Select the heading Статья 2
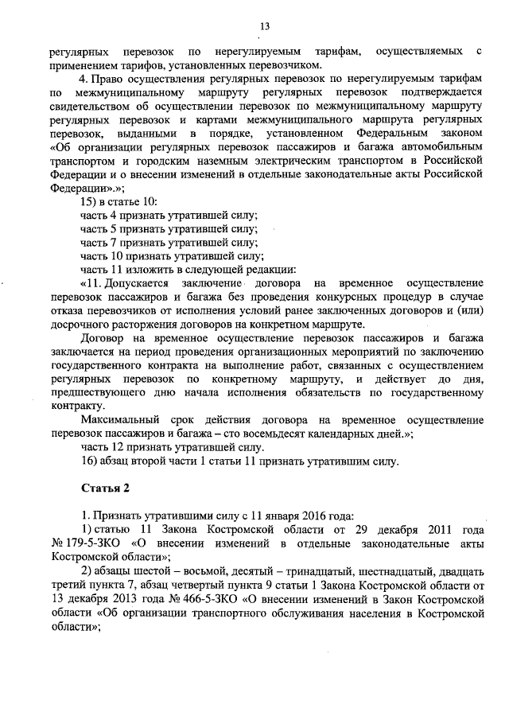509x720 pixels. coord(103,486)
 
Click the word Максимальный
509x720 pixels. coord(122,419)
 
